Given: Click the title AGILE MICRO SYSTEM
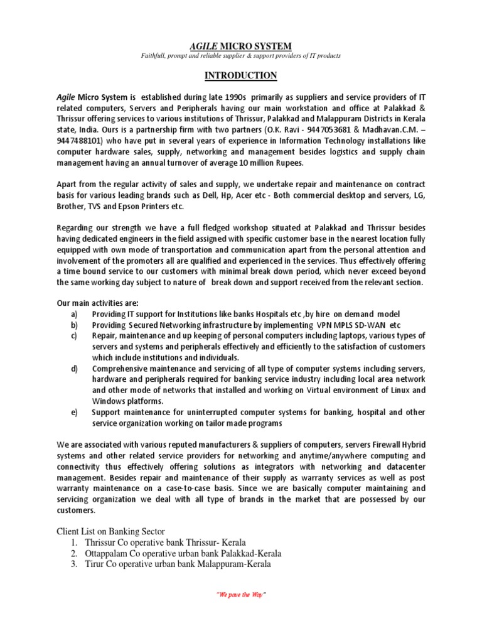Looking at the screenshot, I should [x=240, y=45].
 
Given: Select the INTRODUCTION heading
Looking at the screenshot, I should [x=240, y=76].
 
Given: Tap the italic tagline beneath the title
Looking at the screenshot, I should [x=240, y=56].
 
